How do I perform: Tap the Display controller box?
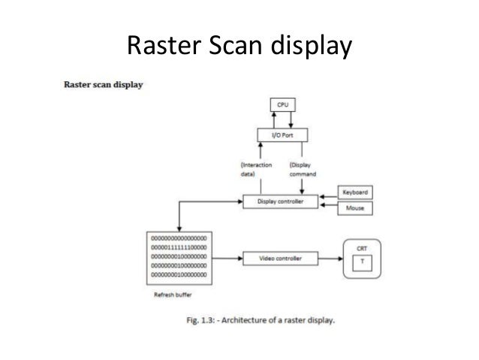(276, 201)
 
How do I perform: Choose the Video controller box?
(276, 258)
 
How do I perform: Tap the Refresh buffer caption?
(169, 295)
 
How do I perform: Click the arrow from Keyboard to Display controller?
(325, 197)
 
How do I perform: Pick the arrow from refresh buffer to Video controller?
(225, 258)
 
